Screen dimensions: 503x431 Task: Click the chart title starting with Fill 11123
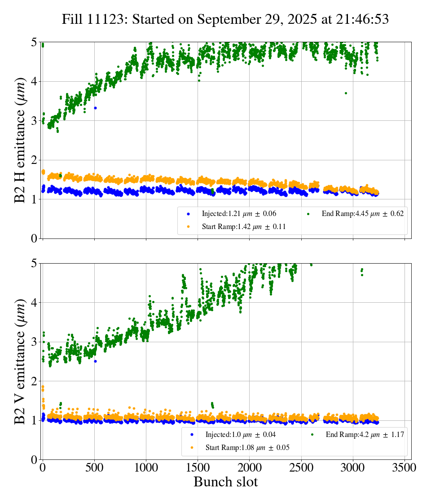tap(225, 19)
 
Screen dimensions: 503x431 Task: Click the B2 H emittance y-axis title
tap(20, 140)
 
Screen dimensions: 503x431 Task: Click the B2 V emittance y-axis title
tap(20, 362)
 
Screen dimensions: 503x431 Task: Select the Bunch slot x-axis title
tap(225, 482)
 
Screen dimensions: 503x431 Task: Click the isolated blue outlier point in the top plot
tap(95, 108)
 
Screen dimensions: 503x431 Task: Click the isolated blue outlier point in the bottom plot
tap(95, 361)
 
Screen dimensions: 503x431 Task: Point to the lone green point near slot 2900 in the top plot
tap(346, 93)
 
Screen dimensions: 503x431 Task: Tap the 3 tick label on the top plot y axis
tap(34, 121)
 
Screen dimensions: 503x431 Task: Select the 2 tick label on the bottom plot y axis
tap(34, 381)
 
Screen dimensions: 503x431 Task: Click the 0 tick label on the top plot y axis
tap(34, 238)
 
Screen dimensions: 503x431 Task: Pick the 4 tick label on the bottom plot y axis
tap(34, 303)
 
